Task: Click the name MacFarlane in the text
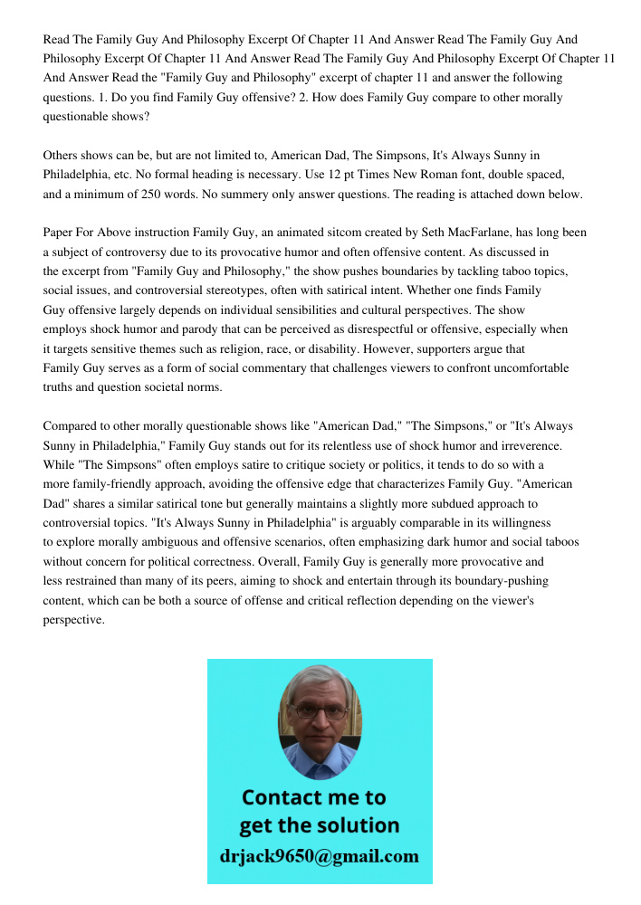pyautogui.click(x=499, y=233)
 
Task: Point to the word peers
pyautogui.click(x=234, y=581)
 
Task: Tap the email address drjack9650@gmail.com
pyautogui.click(x=320, y=856)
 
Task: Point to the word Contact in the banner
pyautogui.click(x=282, y=797)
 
